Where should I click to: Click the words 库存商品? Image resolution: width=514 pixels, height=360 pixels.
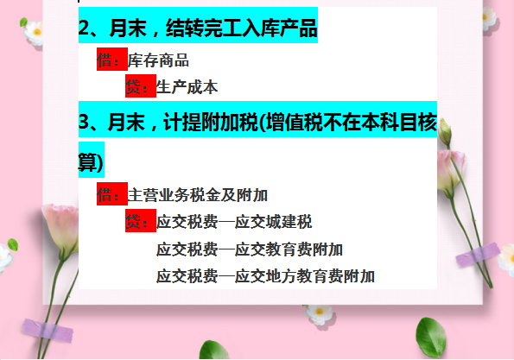158,60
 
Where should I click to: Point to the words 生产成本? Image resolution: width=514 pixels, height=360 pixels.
187,86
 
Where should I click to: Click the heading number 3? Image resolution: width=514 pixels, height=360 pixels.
85,121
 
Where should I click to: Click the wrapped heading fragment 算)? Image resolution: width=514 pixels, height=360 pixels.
90,161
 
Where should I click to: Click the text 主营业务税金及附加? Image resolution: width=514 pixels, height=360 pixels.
198,195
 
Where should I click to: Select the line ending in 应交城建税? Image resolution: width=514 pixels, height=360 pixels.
234,222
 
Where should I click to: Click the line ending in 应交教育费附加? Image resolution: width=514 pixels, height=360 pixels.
250,249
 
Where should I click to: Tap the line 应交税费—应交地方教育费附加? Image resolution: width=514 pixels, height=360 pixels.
265,276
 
